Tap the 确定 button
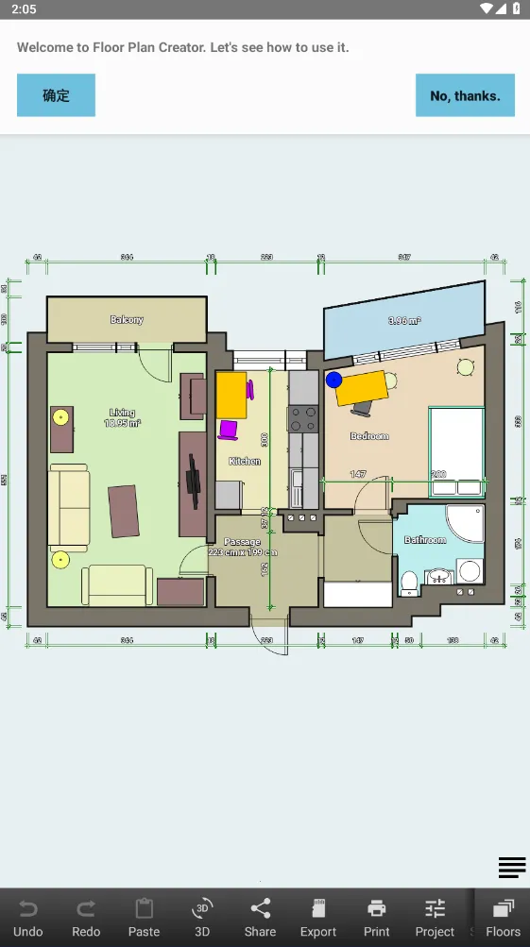[x=56, y=95]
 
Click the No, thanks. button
[x=465, y=95]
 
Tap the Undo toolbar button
[x=28, y=918]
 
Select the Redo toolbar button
[x=86, y=918]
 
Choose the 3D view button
[x=202, y=918]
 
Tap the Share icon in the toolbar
[x=260, y=918]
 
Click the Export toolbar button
[x=318, y=918]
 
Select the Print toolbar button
[x=377, y=918]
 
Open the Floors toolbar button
[x=503, y=918]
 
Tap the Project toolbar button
[x=435, y=918]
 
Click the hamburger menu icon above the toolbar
[x=512, y=867]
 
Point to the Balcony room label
[x=127, y=320]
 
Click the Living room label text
[x=122, y=413]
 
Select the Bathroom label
[x=425, y=540]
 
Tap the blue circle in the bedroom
[x=333, y=380]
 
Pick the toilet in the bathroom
[x=409, y=582]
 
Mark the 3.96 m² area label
[x=404, y=321]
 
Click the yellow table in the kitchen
[x=231, y=395]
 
